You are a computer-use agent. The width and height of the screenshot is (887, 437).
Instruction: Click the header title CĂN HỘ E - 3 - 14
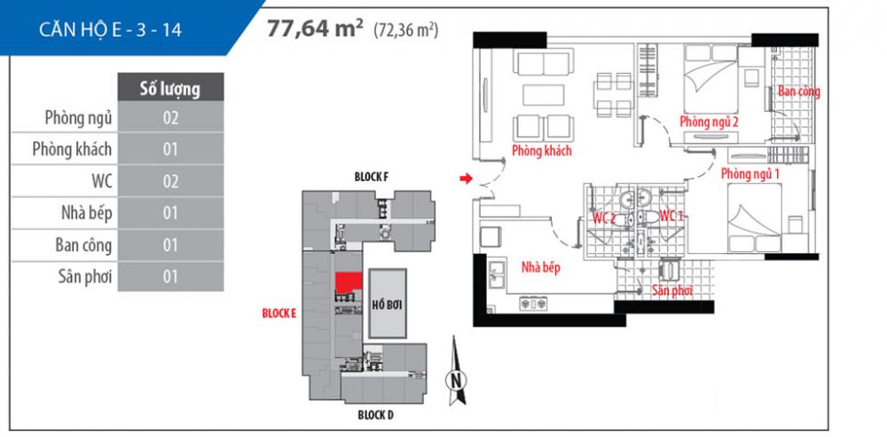coord(111,29)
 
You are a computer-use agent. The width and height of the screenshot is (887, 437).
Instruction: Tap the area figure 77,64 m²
coord(316,28)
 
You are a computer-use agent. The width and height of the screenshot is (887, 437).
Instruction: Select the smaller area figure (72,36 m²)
coord(406,30)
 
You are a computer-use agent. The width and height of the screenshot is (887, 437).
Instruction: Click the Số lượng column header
coord(169,87)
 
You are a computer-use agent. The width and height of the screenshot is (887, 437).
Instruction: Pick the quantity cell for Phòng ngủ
coord(170,118)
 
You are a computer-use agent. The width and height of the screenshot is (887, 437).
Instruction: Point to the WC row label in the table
coord(94,181)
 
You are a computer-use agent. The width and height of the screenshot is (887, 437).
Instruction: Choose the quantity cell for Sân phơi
coord(170,276)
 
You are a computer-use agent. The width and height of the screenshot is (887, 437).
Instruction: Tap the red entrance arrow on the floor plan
coord(464,180)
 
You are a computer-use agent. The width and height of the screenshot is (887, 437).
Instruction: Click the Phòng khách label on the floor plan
coord(541,151)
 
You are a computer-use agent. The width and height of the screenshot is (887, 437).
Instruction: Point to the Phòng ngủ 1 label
coord(750,174)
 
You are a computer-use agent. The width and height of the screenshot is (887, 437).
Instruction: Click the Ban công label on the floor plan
coord(798,91)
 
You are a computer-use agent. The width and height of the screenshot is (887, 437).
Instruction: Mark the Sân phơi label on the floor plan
coord(671,290)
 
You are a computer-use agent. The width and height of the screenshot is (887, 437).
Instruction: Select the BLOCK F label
coord(371,177)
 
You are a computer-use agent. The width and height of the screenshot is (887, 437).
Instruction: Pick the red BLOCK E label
coord(279,313)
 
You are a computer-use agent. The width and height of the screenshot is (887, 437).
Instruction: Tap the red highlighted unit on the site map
coord(349,282)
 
